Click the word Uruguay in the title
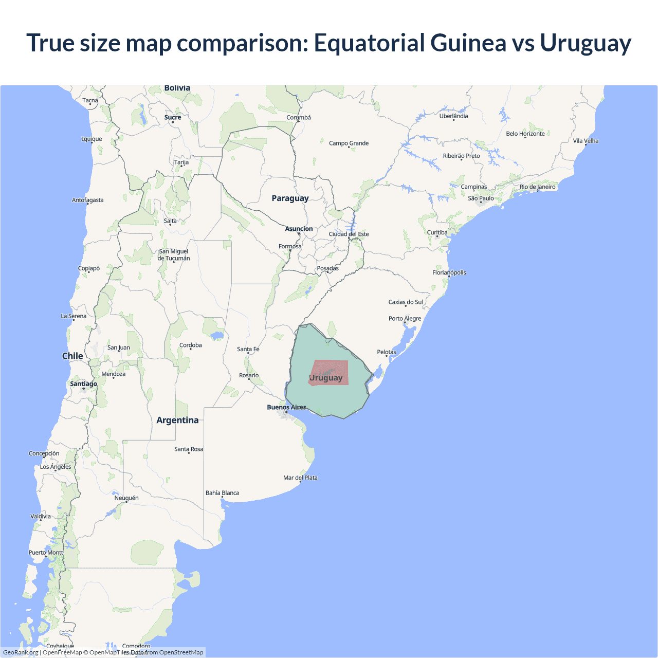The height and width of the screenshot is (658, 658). [585, 43]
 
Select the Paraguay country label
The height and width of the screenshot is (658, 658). [290, 198]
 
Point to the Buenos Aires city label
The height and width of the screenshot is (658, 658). [286, 407]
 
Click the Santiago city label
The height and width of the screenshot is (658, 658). [83, 384]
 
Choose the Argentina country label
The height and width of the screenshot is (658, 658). [177, 421]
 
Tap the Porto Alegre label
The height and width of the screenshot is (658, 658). [405, 319]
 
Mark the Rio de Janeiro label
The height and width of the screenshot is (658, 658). [537, 187]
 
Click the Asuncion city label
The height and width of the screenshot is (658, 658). [299, 229]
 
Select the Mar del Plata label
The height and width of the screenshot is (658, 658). [300, 478]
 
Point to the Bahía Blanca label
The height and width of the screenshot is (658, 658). [222, 493]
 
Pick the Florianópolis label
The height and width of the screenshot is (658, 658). [449, 272]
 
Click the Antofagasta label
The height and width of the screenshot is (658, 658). [87, 200]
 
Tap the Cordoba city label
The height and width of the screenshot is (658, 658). [190, 345]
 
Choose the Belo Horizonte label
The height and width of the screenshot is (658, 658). [525, 134]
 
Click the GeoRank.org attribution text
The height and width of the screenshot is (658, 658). [21, 652]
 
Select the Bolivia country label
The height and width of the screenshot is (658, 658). [177, 88]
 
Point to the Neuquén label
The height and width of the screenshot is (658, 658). [126, 498]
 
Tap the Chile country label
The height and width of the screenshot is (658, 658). [72, 356]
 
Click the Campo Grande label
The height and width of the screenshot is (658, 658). [349, 143]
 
